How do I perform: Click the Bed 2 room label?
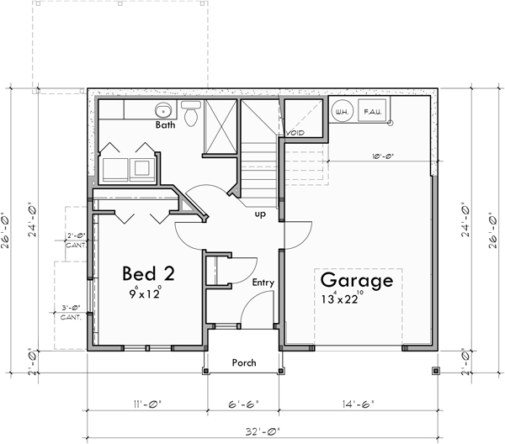click(148, 273)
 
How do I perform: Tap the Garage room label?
click(354, 280)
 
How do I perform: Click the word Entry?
click(263, 283)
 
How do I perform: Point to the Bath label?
click(165, 126)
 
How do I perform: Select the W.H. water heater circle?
click(343, 111)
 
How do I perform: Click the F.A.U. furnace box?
click(371, 111)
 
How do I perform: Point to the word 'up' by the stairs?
click(260, 214)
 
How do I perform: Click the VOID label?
click(295, 133)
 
